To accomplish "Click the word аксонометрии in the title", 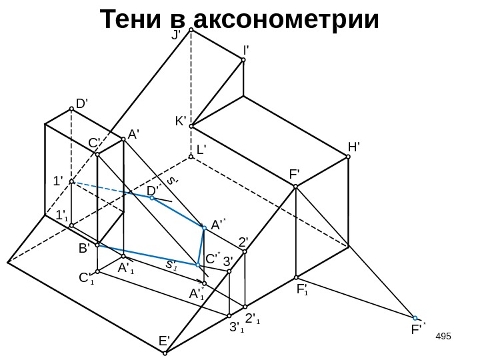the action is pos(287,21).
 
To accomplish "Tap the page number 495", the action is pos(443,333).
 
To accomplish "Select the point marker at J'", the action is pos(191,30).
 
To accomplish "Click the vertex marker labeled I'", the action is pos(243,60).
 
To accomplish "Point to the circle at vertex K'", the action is pos(191,125).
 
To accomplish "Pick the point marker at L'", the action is pos(191,157).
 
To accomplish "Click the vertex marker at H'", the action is pos(348,157).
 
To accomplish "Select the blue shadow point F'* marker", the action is pos(415,318).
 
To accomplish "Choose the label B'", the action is pos(84,248).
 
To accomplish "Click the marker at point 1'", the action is pos(71,181).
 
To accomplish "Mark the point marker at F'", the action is pos(296,187).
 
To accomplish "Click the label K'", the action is pos(180,121).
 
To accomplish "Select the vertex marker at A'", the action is pos(123,140).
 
